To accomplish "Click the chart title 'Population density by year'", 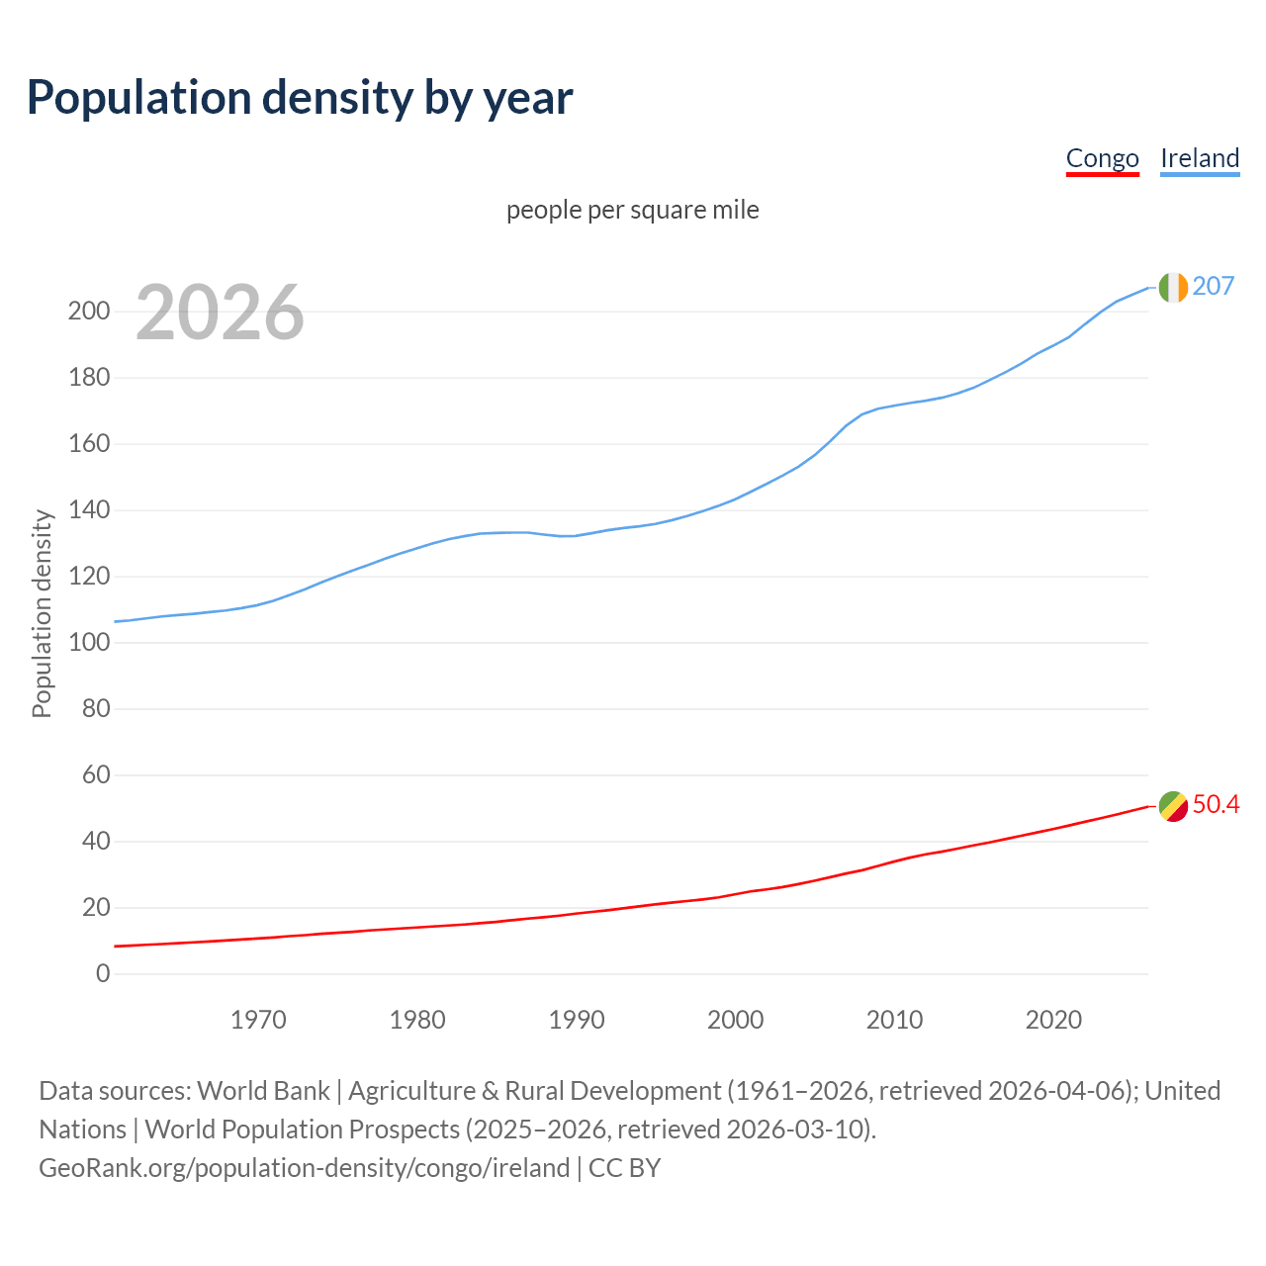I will [300, 98].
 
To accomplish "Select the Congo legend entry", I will [1102, 158].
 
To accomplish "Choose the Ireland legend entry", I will [1200, 158].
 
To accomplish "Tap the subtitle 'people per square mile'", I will [633, 210].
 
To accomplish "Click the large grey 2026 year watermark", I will [220, 313].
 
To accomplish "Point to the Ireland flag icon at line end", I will [1173, 287].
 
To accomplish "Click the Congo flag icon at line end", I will [1173, 806].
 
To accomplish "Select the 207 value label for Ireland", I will [1214, 286].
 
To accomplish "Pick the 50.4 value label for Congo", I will [1216, 804].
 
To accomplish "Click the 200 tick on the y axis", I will [88, 312].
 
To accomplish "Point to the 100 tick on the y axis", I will [88, 643].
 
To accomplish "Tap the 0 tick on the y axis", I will [103, 974].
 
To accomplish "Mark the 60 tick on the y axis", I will [96, 775].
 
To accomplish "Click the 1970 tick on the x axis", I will [258, 1020].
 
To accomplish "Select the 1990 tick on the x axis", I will [577, 1020].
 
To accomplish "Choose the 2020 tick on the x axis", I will [1053, 1020].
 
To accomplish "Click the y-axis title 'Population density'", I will [42, 613].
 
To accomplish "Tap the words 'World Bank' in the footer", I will [263, 1091].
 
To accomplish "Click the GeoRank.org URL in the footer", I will [305, 1168].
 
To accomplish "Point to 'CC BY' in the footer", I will [624, 1168].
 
